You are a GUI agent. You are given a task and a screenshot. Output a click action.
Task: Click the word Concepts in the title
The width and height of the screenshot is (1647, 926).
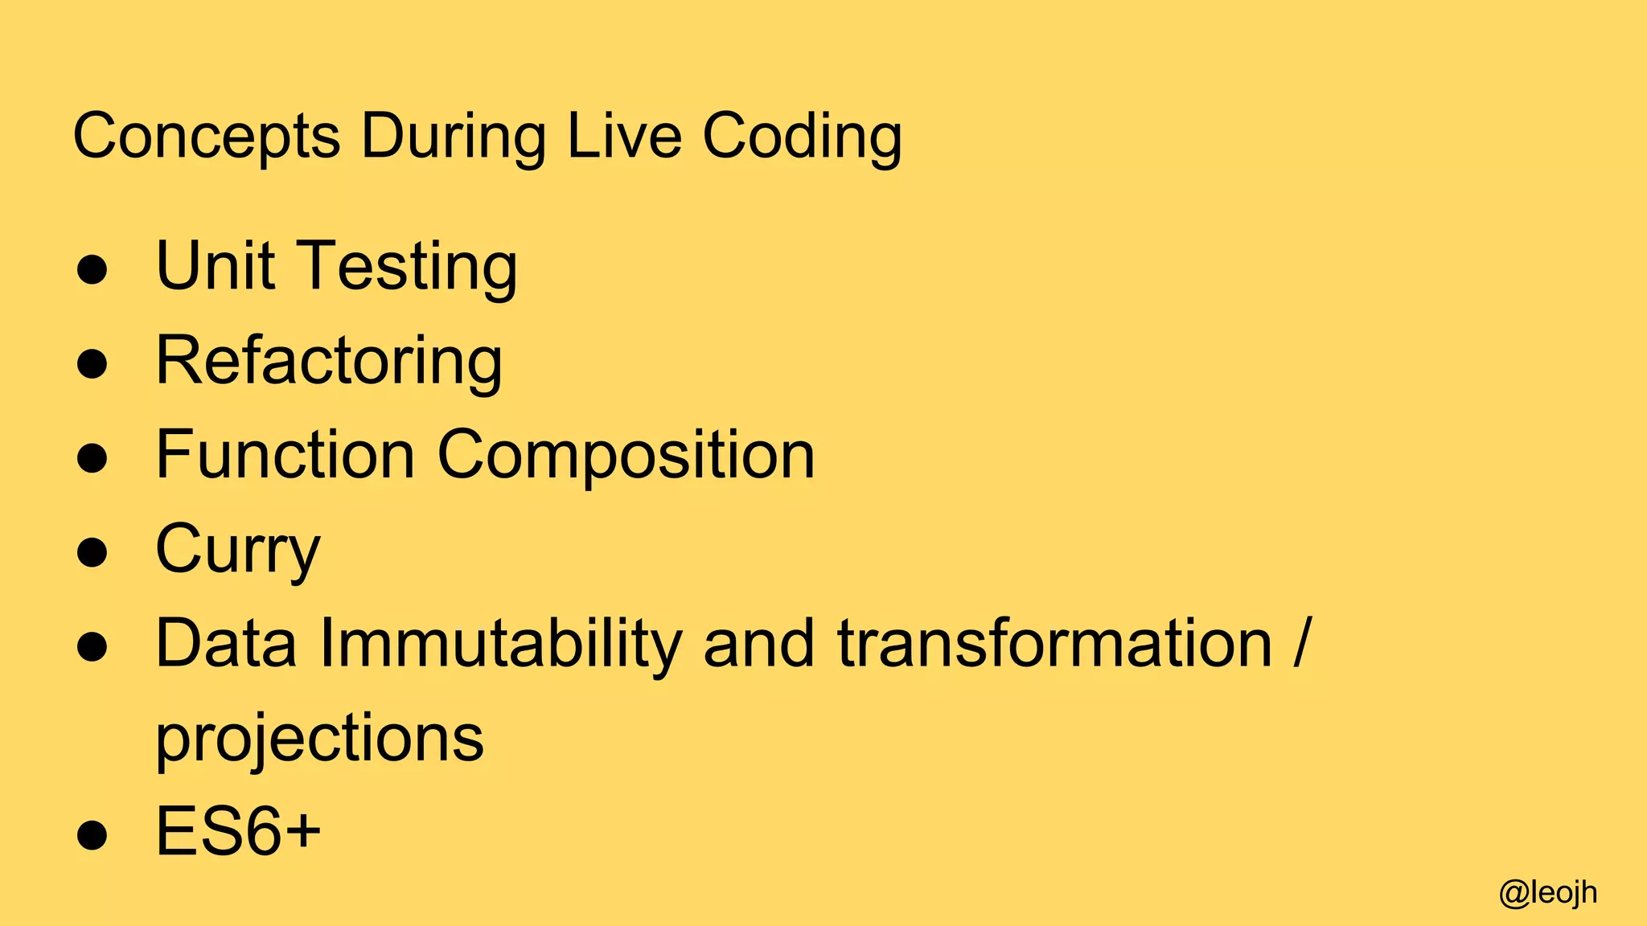(x=207, y=137)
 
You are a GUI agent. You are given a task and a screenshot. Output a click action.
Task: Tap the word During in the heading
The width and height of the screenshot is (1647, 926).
(x=453, y=137)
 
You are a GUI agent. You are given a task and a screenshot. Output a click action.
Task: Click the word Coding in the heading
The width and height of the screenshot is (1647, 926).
(x=802, y=137)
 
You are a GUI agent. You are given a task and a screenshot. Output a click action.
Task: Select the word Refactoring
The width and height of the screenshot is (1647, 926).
(x=329, y=361)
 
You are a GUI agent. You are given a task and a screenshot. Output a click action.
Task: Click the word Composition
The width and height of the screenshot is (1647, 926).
(x=626, y=456)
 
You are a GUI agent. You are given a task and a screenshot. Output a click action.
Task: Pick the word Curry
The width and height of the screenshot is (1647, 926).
(x=238, y=550)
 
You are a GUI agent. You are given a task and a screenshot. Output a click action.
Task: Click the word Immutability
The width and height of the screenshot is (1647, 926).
(x=500, y=644)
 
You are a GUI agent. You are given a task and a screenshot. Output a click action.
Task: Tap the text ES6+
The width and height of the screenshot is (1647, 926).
(x=238, y=831)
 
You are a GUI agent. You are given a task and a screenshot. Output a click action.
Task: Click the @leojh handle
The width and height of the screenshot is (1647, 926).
(x=1548, y=893)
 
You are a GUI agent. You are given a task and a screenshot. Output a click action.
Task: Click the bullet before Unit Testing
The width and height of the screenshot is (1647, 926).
(x=92, y=271)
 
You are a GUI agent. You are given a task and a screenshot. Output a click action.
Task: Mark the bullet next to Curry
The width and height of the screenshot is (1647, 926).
(x=92, y=553)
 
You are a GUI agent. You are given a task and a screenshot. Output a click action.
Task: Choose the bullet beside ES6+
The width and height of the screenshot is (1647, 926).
(x=92, y=835)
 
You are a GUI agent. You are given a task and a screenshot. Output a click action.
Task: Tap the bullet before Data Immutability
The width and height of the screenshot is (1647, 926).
(x=92, y=647)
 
